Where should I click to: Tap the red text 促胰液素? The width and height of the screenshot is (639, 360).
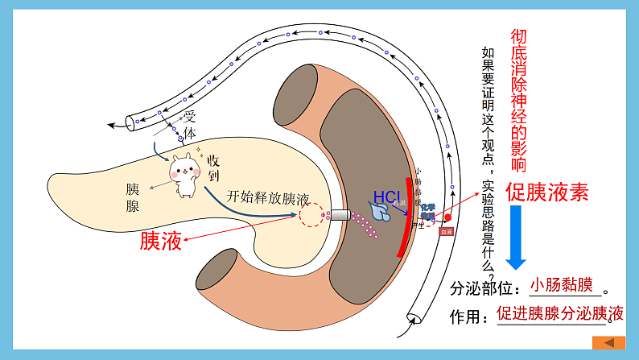[546, 191]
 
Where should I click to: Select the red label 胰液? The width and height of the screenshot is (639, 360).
[161, 240]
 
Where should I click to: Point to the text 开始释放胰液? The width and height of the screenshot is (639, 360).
[267, 197]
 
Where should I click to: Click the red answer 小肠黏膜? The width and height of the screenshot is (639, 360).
[561, 285]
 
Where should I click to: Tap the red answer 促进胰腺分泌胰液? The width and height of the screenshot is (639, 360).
[560, 313]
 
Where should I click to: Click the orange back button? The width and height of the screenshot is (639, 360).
[608, 342]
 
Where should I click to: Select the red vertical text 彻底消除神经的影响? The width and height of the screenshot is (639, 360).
[519, 101]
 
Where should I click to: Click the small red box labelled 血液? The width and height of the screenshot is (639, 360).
[447, 231]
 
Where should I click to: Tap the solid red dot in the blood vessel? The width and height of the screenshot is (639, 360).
[448, 217]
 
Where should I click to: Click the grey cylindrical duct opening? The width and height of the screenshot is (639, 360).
[340, 215]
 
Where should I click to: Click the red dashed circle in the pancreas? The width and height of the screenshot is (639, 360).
[311, 215]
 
